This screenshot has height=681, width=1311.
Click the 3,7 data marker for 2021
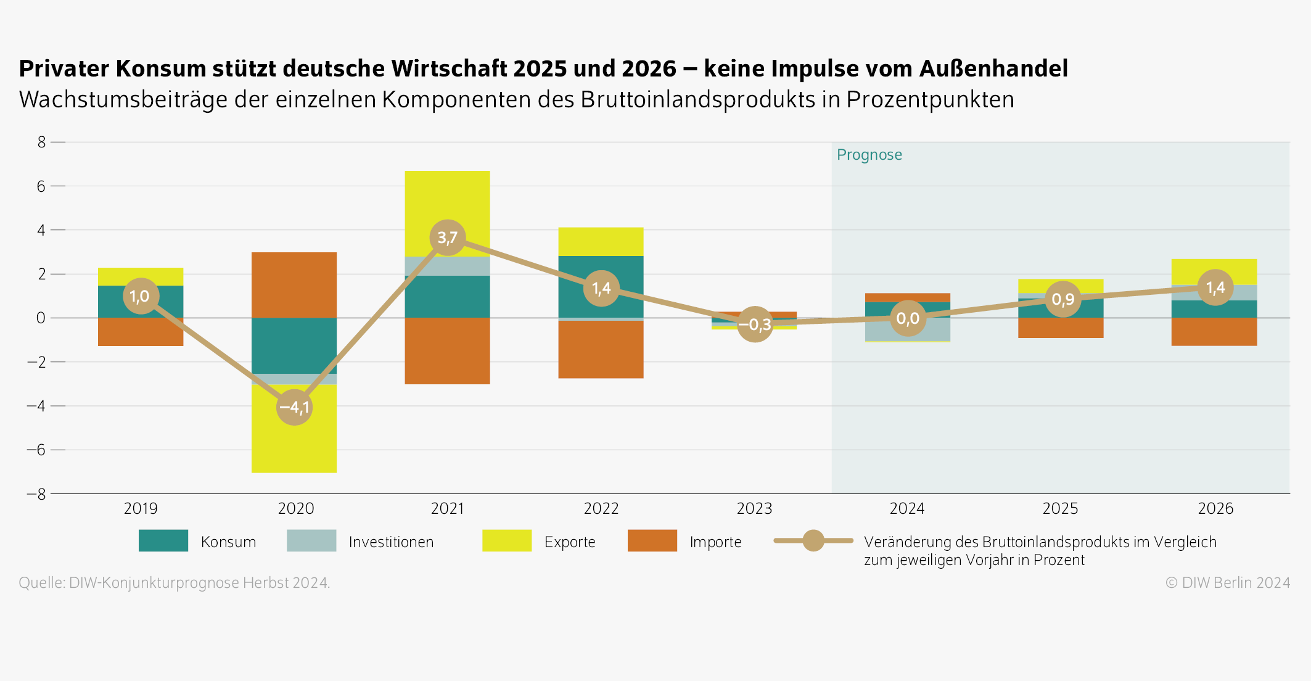(447, 237)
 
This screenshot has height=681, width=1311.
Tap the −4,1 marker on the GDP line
(294, 407)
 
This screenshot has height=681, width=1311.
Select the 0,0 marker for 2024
(908, 318)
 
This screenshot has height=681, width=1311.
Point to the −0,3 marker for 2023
(755, 324)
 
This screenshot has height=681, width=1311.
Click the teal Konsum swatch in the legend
(163, 541)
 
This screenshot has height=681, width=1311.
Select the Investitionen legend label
(391, 542)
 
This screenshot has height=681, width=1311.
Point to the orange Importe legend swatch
(652, 541)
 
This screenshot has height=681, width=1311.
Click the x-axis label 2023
(754, 508)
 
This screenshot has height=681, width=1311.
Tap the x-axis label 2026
(1215, 508)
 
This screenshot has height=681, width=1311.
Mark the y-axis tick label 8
(41, 142)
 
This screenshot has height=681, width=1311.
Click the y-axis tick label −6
(36, 450)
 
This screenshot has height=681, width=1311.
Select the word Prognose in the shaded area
(869, 155)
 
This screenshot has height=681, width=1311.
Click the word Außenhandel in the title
(993, 68)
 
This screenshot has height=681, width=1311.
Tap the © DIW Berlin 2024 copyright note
(1227, 583)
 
